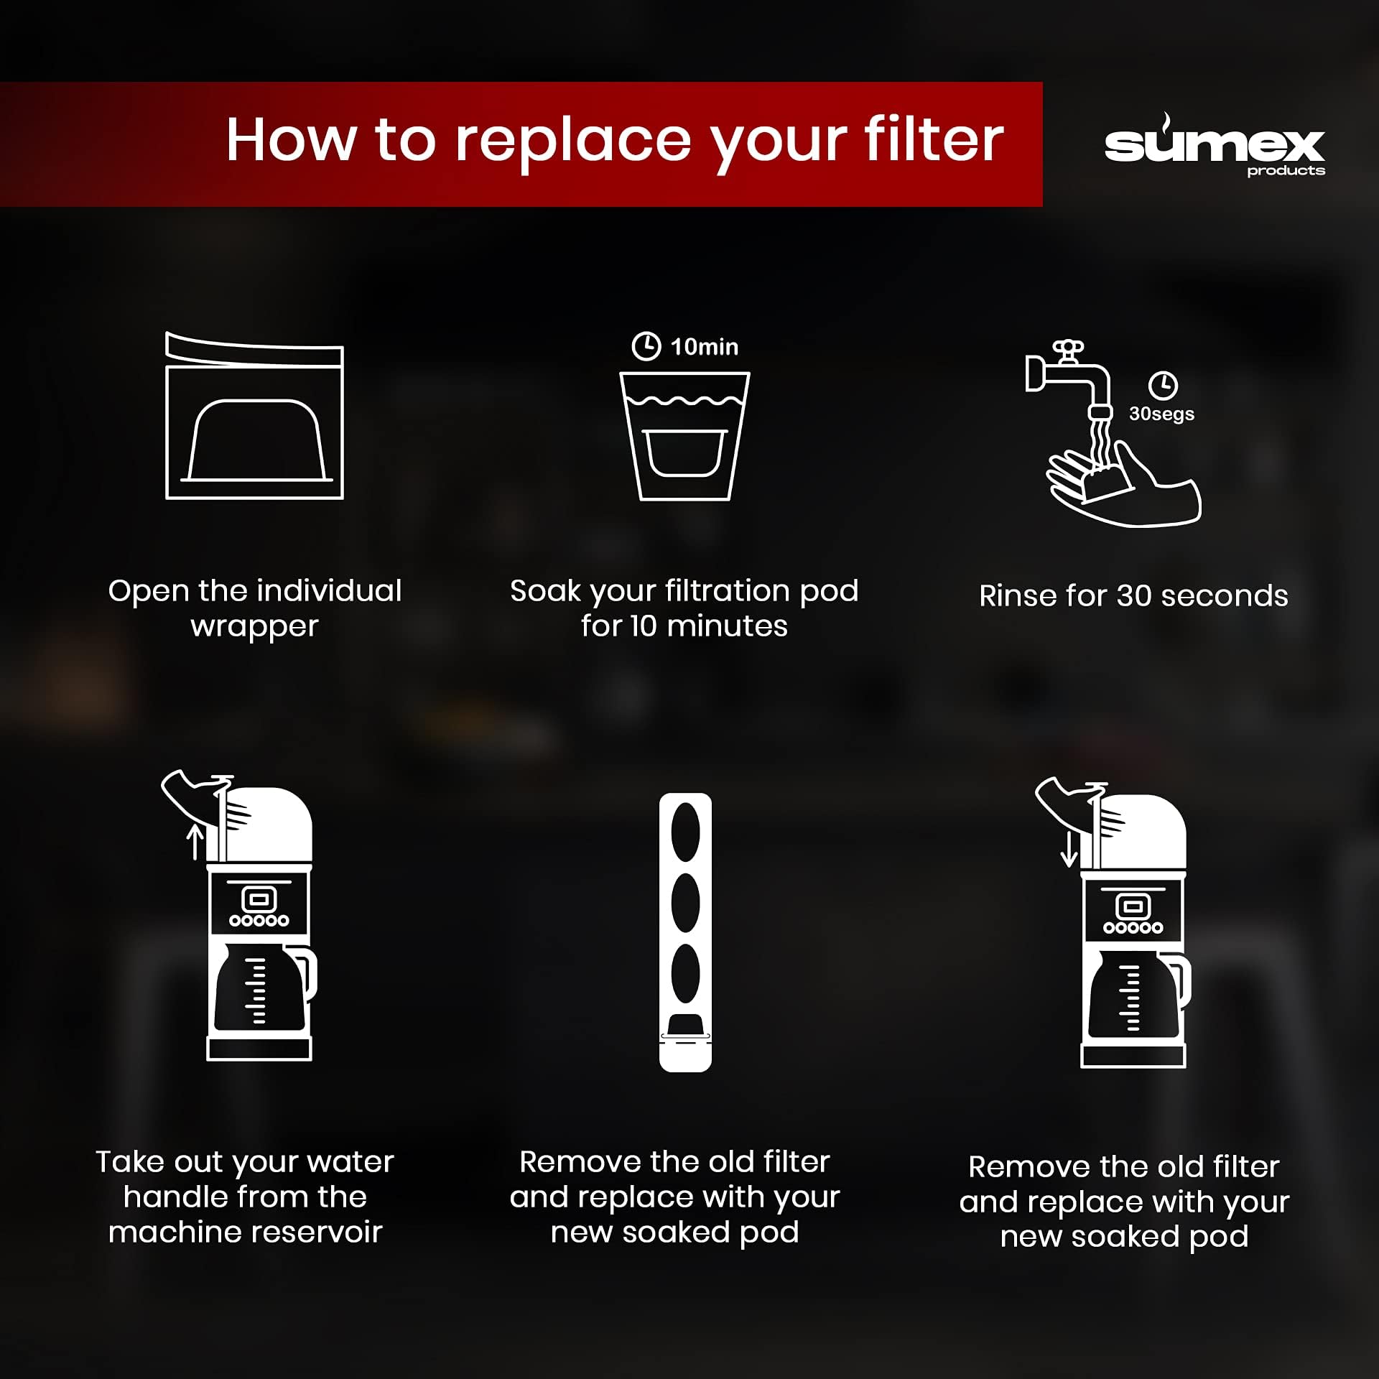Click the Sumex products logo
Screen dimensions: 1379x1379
click(1214, 145)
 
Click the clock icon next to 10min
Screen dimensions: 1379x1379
click(646, 345)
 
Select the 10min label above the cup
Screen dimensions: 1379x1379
click(704, 347)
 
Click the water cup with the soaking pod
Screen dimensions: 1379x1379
click(685, 436)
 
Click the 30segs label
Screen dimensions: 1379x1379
click(1161, 414)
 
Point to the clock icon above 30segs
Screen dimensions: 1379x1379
click(1163, 385)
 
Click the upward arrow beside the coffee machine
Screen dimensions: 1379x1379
click(195, 842)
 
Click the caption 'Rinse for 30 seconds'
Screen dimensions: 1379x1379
click(1133, 595)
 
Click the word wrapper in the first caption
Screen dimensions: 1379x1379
click(254, 627)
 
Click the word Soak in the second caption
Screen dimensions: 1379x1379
click(545, 591)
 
